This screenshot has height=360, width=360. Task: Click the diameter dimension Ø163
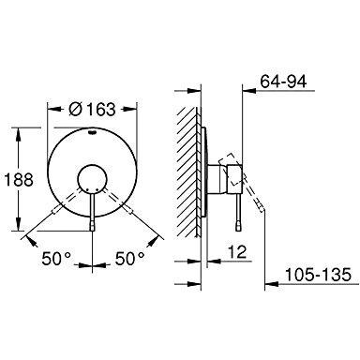[x=92, y=110]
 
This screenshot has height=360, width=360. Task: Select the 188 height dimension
[x=19, y=180]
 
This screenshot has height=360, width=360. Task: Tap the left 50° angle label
[x=56, y=259]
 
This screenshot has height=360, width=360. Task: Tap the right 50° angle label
[x=130, y=259]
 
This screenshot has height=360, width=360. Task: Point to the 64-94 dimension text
[x=284, y=82]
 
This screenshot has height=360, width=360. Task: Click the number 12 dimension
[x=237, y=251]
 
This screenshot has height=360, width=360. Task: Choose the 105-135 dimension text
[x=318, y=275]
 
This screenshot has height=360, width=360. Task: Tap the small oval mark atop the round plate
[x=92, y=132]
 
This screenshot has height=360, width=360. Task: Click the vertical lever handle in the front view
[x=92, y=213]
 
